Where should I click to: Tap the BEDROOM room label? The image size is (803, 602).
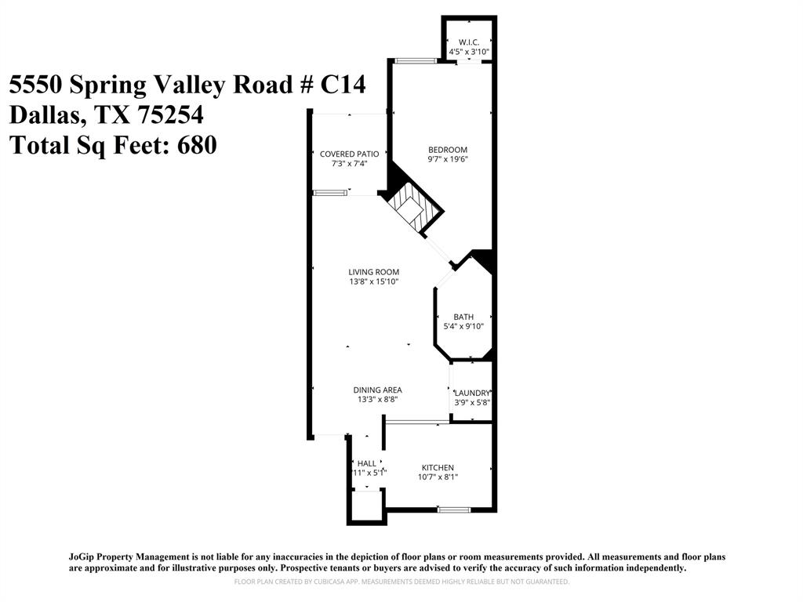coord(447,150)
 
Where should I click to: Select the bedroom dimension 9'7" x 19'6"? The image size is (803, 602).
coord(447,160)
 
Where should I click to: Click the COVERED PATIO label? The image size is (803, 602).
coord(349,154)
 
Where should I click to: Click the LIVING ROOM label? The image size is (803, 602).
coord(373,272)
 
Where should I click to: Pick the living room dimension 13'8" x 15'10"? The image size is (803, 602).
coord(373,282)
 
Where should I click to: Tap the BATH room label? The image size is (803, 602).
coord(463,317)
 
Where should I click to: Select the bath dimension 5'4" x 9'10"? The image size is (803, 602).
coord(463,327)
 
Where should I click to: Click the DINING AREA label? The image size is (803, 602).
coord(377,390)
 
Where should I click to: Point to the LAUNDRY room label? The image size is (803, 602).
coord(472,393)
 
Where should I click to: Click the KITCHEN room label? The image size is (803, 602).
coord(437,467)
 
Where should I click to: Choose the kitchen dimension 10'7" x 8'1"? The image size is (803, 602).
coord(437,477)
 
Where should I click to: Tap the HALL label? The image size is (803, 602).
coord(366,463)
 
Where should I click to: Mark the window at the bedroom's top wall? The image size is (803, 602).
coord(415,60)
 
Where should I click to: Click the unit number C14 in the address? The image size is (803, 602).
coord(343,85)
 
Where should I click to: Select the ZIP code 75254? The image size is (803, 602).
coord(170,115)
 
